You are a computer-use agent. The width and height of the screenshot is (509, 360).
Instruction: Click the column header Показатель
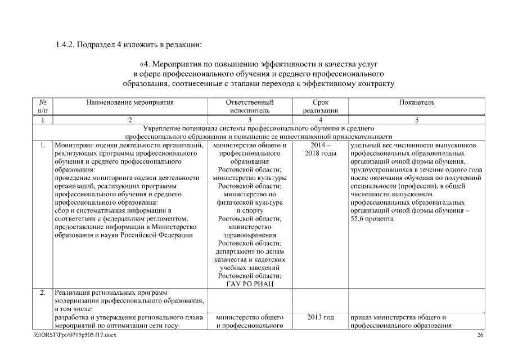click(417, 103)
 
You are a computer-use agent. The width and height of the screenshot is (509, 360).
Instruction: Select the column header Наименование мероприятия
click(130, 103)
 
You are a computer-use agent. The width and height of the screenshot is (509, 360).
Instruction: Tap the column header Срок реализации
click(321, 107)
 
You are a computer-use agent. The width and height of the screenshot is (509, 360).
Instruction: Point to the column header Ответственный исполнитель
click(250, 107)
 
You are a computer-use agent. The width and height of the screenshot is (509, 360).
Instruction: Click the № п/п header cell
click(43, 107)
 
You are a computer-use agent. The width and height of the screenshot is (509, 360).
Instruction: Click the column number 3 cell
click(250, 120)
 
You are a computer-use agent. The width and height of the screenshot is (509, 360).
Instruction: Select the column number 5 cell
click(417, 120)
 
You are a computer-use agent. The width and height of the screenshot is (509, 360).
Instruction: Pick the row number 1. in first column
click(43, 146)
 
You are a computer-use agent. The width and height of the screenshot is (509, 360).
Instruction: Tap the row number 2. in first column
click(43, 293)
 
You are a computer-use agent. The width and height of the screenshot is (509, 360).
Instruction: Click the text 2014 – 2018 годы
click(321, 150)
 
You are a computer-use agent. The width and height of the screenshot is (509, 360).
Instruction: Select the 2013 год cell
click(321, 318)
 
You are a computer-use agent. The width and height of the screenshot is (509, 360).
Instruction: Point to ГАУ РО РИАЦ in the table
click(250, 284)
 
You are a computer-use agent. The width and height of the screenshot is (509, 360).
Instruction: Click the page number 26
click(480, 335)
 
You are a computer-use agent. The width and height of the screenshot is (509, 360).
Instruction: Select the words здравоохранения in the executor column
click(250, 235)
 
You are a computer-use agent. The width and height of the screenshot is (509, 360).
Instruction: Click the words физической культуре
click(250, 202)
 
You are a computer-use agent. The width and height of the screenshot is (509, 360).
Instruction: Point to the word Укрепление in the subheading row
click(164, 129)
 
